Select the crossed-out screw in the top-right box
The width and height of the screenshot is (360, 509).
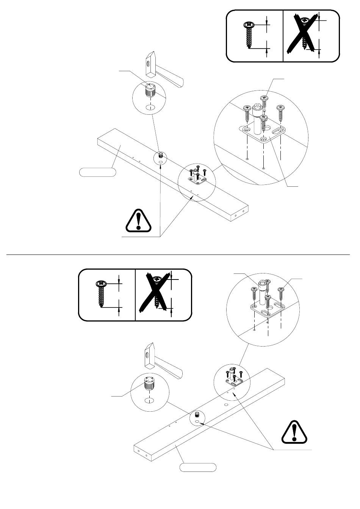(304, 33)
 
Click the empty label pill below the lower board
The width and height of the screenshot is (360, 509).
(198, 467)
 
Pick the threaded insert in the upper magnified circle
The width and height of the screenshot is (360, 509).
(151, 91)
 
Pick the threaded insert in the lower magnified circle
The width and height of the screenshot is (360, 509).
(150, 385)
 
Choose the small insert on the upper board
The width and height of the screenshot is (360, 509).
(161, 155)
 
